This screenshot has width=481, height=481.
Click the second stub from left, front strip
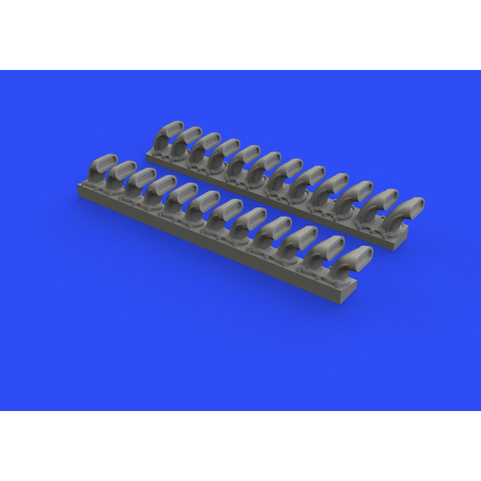click(x=122, y=174)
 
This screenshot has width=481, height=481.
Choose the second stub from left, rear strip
click(x=186, y=143)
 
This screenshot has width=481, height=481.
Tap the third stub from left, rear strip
click(x=207, y=149)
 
